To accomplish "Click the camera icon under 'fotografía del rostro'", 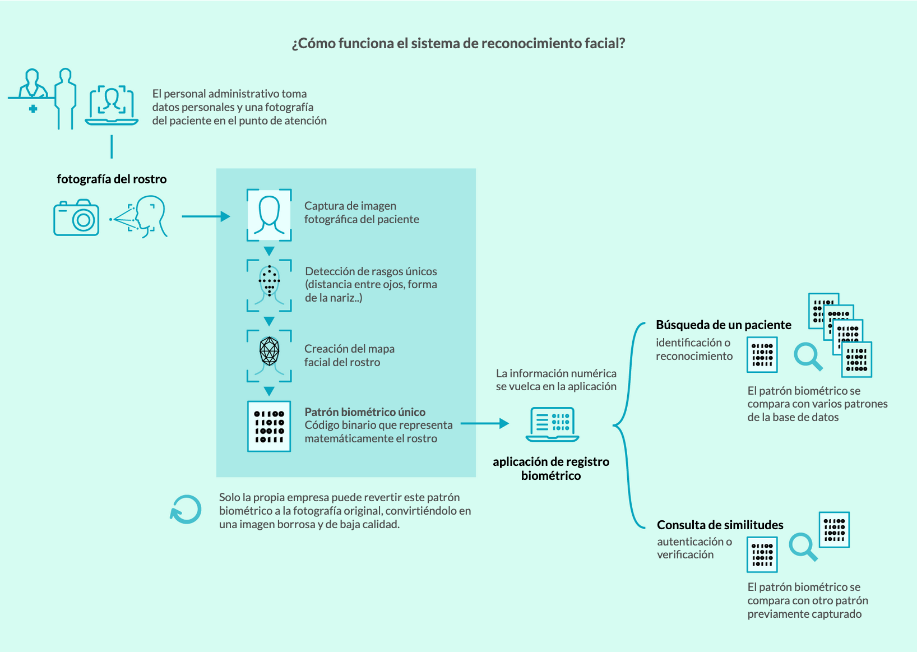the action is click(x=76, y=218).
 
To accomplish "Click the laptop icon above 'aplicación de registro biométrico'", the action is click(x=552, y=425).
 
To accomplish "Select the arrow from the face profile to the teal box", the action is click(x=206, y=216).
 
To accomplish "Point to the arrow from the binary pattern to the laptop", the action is click(x=485, y=423).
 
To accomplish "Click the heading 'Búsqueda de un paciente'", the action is click(x=724, y=325).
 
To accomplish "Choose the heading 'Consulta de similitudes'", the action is click(x=720, y=525).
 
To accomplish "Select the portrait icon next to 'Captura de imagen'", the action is click(x=269, y=215).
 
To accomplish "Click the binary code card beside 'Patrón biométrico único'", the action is click(x=269, y=426).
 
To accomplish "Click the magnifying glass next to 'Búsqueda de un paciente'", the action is click(x=808, y=357).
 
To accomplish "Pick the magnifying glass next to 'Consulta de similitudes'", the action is click(x=803, y=547).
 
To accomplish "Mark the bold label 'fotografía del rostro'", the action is click(x=112, y=179).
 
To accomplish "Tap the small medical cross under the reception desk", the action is click(x=33, y=109).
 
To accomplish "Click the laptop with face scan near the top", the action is click(x=112, y=105).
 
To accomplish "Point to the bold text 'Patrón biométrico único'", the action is click(x=365, y=411).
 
